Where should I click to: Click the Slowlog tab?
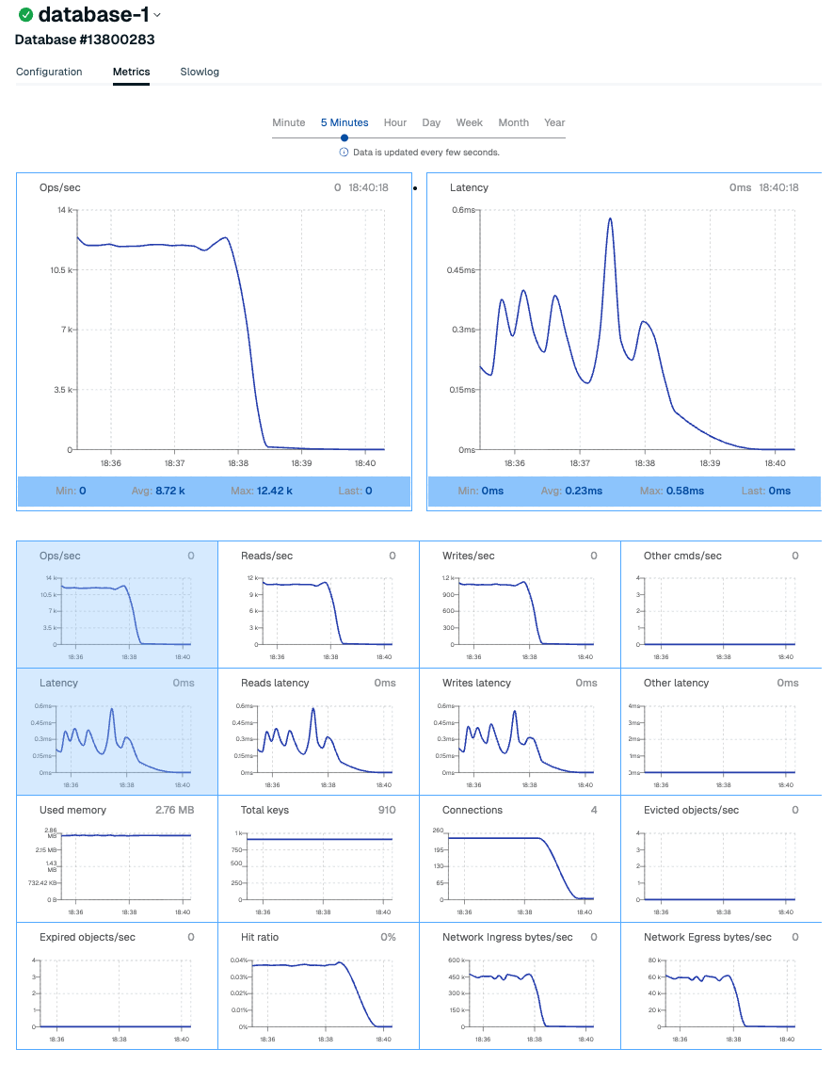click(200, 72)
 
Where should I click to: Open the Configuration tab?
click(49, 72)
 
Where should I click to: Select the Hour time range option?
click(395, 122)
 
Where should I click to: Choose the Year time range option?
click(554, 122)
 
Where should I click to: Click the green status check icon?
click(25, 15)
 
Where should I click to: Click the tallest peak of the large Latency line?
click(610, 219)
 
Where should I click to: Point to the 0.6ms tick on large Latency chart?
click(462, 210)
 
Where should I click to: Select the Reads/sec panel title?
click(266, 556)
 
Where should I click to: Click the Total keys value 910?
click(386, 810)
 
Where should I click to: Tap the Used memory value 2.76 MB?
click(174, 810)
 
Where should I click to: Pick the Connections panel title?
click(473, 810)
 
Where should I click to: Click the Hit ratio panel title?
click(260, 937)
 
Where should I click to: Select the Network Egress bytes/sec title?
click(708, 937)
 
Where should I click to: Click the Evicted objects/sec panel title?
click(691, 810)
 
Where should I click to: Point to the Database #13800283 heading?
click(85, 40)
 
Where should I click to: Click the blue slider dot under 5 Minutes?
click(344, 137)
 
